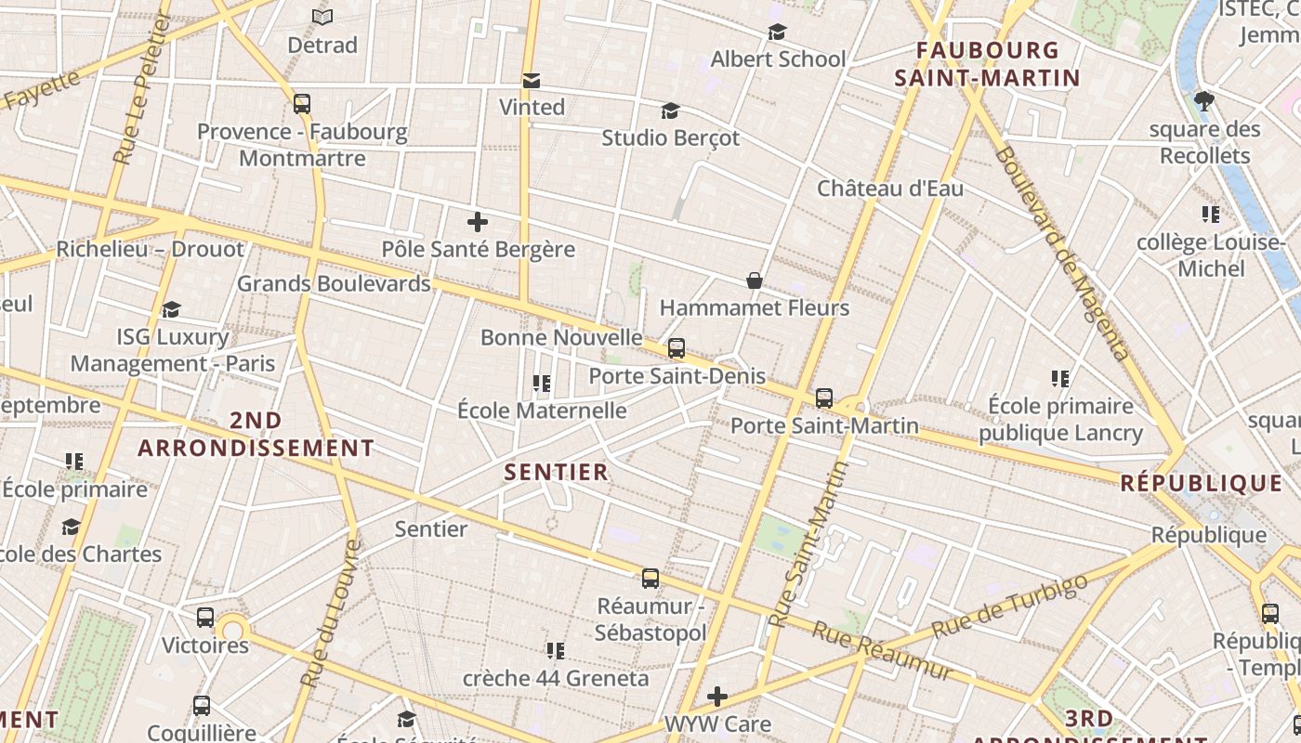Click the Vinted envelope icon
point(532,81)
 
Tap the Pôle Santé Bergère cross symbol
point(478,222)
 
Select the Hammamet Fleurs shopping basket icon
point(755,280)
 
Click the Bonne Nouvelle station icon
point(677,348)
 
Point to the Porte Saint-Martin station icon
point(823,398)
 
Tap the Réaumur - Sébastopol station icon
point(650,579)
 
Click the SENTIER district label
point(556,472)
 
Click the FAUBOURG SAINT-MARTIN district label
point(987,64)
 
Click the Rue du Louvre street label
point(329,613)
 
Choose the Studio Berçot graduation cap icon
point(670,111)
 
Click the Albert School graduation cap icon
point(778,33)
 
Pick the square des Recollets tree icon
point(1204,101)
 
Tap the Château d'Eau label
point(889,189)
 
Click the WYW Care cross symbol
point(717,696)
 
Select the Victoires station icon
point(205,617)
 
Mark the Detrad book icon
point(322,17)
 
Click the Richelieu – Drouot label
point(151,249)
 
